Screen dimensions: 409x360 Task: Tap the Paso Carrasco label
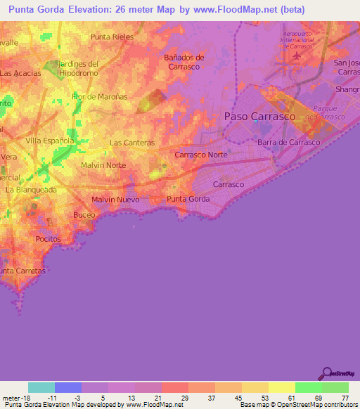pyautogui.click(x=259, y=117)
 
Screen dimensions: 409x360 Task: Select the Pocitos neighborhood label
pyautogui.click(x=48, y=239)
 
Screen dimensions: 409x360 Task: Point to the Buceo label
pyautogui.click(x=84, y=215)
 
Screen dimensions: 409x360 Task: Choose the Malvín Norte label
pyautogui.click(x=103, y=165)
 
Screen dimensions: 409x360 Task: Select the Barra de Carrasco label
pyautogui.click(x=288, y=142)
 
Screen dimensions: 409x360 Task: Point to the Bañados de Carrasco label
pyautogui.click(x=184, y=62)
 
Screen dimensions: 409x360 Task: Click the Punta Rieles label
pyautogui.click(x=112, y=37)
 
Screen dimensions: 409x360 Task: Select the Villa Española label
pyautogui.click(x=49, y=141)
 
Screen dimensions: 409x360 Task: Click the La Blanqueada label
pyautogui.click(x=30, y=190)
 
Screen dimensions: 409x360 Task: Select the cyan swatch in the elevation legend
pyautogui.click(x=41, y=387)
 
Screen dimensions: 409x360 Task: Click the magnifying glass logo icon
pyautogui.click(x=326, y=372)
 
